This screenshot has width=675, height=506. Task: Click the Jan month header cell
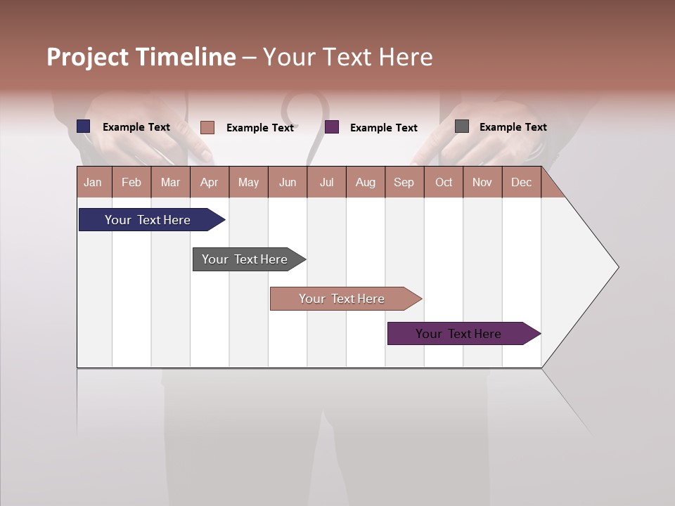click(x=94, y=182)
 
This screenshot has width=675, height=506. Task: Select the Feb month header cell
click(x=131, y=182)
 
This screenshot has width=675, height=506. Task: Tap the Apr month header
click(x=210, y=182)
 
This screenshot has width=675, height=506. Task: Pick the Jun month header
click(x=288, y=182)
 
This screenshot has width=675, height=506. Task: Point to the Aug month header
click(x=366, y=182)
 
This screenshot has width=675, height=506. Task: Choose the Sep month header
click(x=404, y=182)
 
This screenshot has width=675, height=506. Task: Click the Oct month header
click(x=444, y=182)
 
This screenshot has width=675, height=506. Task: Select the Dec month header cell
click(x=522, y=182)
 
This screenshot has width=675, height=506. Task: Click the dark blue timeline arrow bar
click(x=148, y=220)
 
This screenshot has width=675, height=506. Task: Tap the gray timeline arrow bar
click(x=245, y=259)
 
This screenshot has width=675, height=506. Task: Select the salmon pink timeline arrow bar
click(x=342, y=299)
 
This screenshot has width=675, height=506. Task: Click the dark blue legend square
click(x=84, y=126)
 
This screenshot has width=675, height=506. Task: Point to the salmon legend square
click(x=207, y=127)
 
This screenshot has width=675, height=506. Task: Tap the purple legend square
click(x=332, y=127)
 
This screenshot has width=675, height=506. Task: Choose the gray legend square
click(x=462, y=126)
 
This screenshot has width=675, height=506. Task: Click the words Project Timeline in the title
click(x=141, y=57)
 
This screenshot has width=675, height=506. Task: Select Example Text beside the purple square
click(x=384, y=128)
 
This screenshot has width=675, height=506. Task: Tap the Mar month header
click(x=170, y=182)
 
